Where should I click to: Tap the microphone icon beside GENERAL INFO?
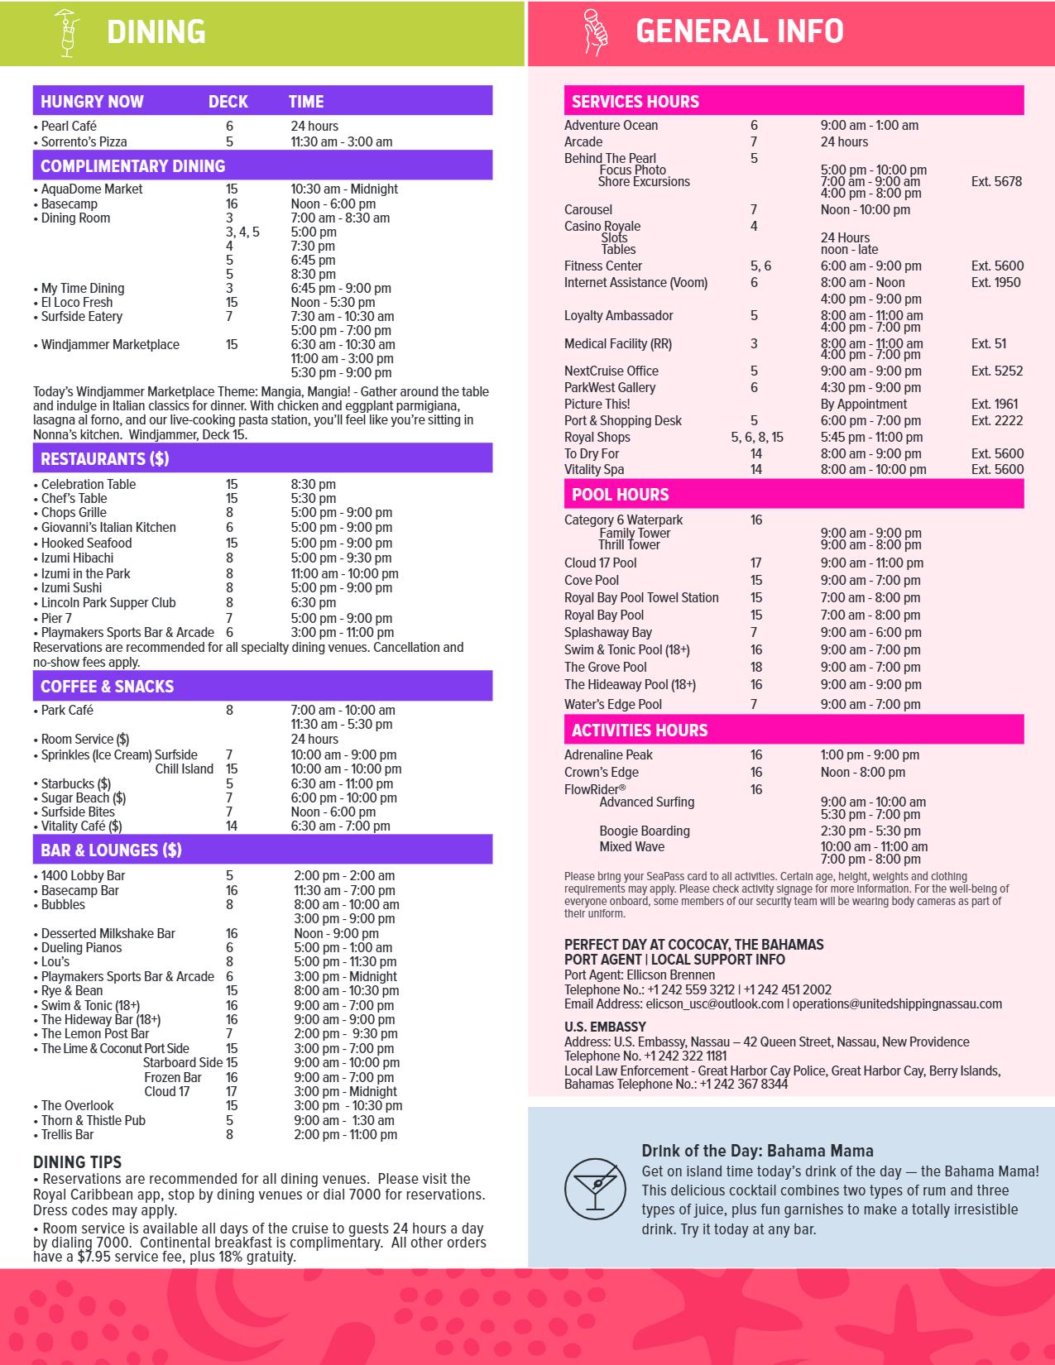[x=596, y=33]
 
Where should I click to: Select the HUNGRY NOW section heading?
[x=92, y=102]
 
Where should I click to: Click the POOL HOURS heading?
[x=620, y=495]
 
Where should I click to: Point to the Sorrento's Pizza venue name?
[x=84, y=141]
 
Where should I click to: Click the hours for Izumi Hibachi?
[x=341, y=558]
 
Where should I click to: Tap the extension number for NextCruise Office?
[x=996, y=371]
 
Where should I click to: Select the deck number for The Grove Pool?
[x=755, y=667]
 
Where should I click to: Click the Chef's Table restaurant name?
[x=74, y=498]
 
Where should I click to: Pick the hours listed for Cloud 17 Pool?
[x=871, y=563]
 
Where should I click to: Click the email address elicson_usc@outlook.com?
[x=673, y=1003]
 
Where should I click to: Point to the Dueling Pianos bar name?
[x=81, y=947]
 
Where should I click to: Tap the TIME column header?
[x=305, y=102]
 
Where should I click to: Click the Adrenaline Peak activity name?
[x=608, y=754]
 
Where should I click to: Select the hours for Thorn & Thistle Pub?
[x=344, y=1120]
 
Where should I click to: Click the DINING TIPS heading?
[x=77, y=1162]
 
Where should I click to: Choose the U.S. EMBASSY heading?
[x=605, y=1027]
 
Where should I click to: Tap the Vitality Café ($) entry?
[x=81, y=826]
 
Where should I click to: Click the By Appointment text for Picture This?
[x=863, y=404]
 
